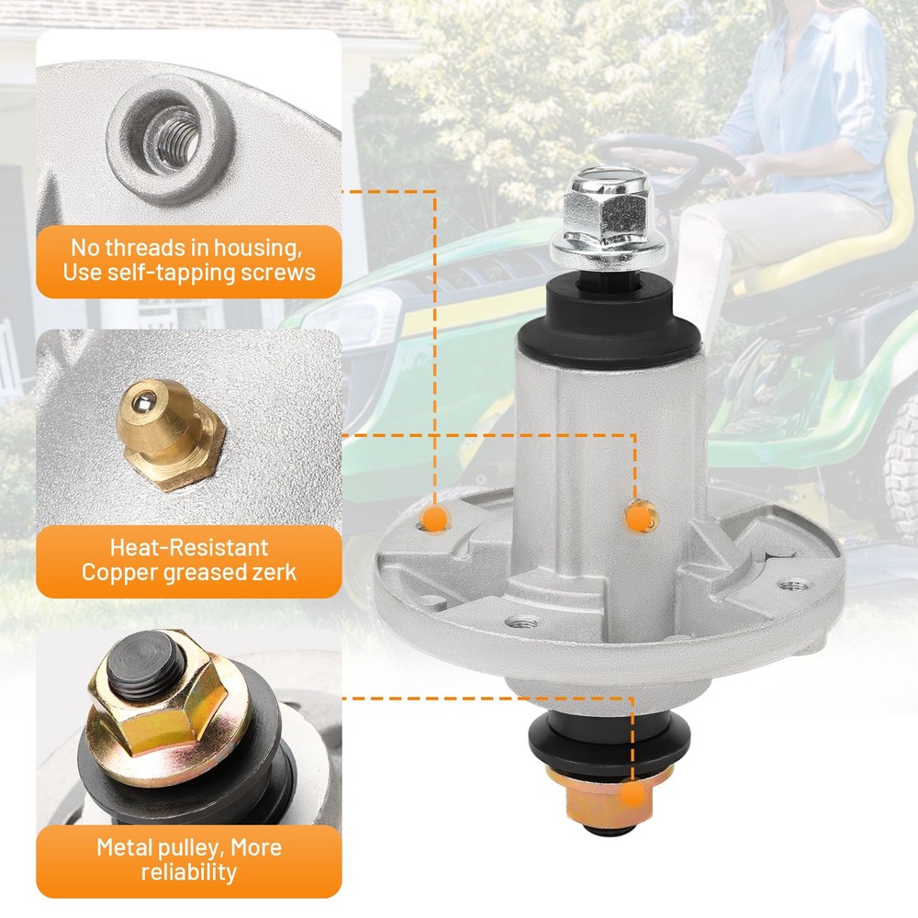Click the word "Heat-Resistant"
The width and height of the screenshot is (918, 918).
tap(189, 547)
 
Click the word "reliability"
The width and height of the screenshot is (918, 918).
tap(189, 872)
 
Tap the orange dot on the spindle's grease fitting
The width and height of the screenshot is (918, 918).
tap(639, 517)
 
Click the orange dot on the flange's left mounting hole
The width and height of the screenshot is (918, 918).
tap(435, 518)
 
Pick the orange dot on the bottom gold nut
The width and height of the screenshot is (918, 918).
tap(633, 796)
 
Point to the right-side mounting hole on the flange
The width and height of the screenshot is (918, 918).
tap(793, 584)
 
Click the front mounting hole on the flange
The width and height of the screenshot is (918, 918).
tap(521, 622)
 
